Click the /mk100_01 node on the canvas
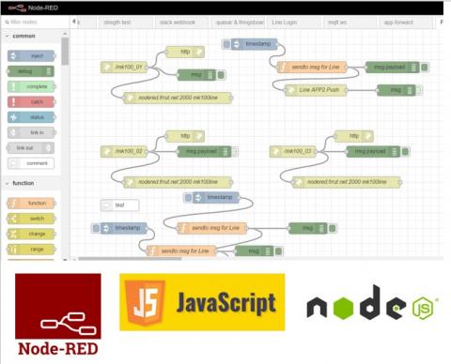pos(128,67)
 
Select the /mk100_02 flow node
pos(128,150)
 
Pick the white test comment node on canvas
pos(120,205)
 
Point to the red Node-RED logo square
pos(56,314)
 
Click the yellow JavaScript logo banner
pos(202,302)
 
